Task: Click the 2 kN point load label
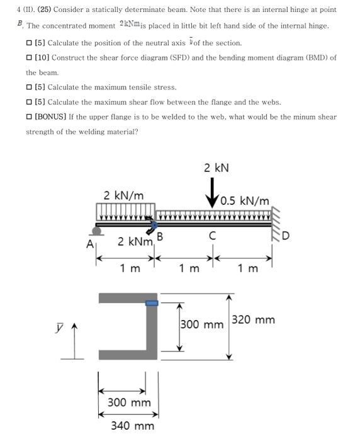(216, 168)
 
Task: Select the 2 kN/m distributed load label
(123, 195)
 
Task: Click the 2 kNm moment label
(135, 242)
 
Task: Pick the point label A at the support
(89, 245)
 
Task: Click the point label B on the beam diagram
(160, 237)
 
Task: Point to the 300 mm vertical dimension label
(202, 325)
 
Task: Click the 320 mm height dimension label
(254, 319)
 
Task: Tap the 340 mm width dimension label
(132, 426)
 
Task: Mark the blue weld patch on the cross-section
(151, 302)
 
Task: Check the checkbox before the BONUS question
(30, 117)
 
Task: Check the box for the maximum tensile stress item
(30, 87)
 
